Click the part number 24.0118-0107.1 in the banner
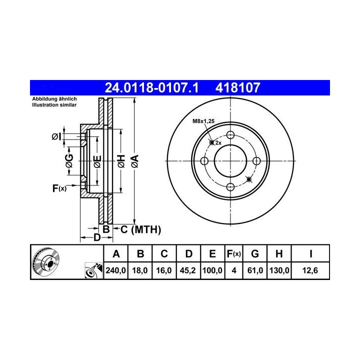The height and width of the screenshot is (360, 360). click(x=151, y=87)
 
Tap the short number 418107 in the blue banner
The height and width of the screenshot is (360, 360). click(x=237, y=87)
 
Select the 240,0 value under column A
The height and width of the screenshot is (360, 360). click(x=115, y=270)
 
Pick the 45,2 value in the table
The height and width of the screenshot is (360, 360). click(x=187, y=270)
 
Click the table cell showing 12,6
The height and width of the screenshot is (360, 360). click(x=310, y=270)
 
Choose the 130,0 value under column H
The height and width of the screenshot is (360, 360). click(x=279, y=270)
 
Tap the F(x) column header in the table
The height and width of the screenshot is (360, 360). click(x=233, y=254)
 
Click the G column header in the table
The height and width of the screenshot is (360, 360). click(x=255, y=254)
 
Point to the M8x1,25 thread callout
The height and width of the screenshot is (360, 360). click(x=203, y=121)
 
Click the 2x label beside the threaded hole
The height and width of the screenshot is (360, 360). click(x=218, y=143)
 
